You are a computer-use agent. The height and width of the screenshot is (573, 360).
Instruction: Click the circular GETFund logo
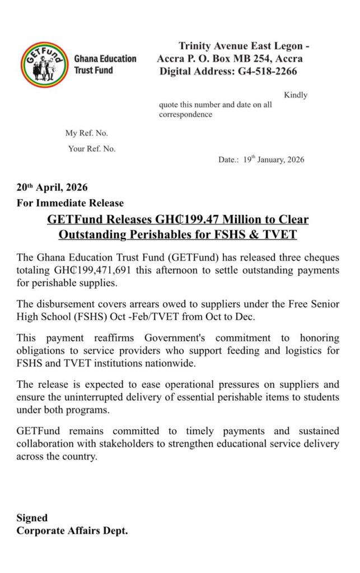point(45,64)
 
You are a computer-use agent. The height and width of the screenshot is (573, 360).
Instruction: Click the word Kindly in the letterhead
point(296,95)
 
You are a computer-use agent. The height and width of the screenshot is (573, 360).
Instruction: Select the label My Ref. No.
point(87,133)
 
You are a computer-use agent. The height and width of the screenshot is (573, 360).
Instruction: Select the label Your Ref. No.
point(92,149)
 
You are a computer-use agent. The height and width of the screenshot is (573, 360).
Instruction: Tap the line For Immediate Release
point(70,203)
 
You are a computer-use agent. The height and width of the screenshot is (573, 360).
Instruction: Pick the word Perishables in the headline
point(171,235)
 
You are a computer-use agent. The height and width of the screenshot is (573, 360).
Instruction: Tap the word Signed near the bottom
point(32,518)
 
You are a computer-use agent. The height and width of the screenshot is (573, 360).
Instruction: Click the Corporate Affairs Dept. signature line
point(72,530)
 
